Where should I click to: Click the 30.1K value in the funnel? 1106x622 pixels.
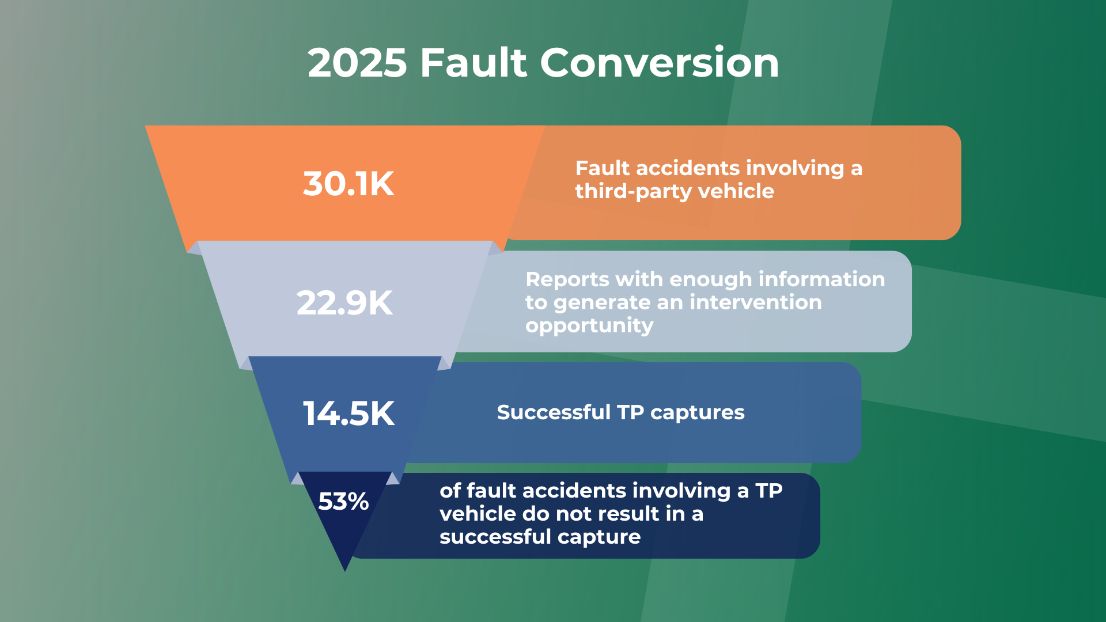[x=349, y=184]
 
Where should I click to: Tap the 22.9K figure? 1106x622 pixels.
[x=344, y=303]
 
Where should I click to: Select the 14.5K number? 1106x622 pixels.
[x=349, y=414]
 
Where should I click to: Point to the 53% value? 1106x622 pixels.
[x=343, y=501]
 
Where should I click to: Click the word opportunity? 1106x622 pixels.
[x=589, y=326]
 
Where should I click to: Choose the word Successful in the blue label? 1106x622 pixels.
[x=553, y=412]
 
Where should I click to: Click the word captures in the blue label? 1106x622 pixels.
[x=697, y=413]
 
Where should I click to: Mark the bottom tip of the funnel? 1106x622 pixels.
[x=345, y=570]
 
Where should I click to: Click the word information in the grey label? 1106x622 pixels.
[x=821, y=279]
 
